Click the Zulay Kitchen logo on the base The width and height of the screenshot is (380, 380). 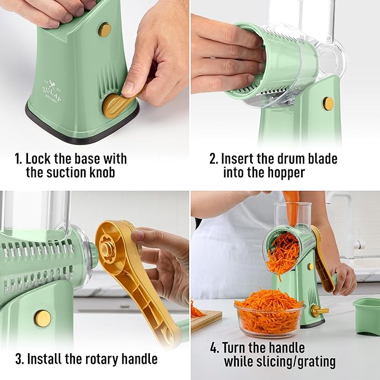tap(51, 91)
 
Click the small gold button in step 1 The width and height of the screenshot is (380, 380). tap(105, 30)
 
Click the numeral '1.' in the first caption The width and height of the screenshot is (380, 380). tap(18, 159)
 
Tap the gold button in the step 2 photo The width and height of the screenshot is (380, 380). tap(329, 104)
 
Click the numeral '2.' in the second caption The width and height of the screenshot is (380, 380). tap(214, 159)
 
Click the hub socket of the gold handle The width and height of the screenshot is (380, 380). tap(107, 250)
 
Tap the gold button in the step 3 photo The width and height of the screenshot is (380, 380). tap(43, 318)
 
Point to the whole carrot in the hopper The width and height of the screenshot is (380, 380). tap(292, 207)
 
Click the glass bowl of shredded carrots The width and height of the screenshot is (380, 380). tap(269, 315)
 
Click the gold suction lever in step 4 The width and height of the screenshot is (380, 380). tap(320, 311)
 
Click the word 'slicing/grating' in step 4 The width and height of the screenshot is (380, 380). tap(296, 362)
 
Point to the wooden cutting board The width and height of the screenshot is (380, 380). tap(206, 320)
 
